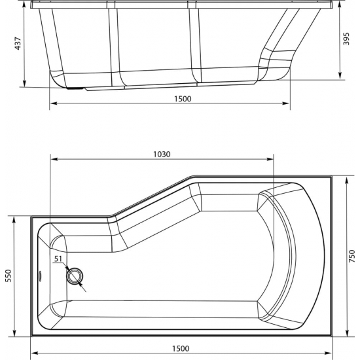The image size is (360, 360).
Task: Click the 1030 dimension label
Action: pos(162,154)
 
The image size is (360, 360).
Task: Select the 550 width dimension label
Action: pos(8,276)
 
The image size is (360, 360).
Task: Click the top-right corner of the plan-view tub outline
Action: pos(332,175)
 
